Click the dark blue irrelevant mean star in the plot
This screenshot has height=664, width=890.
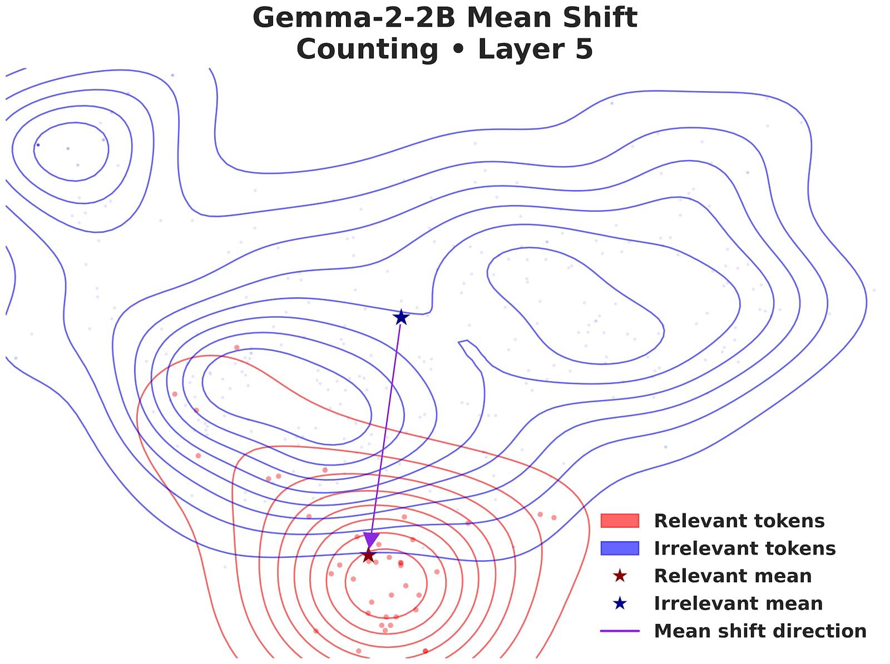tap(401, 317)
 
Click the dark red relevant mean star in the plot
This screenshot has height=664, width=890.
tap(368, 555)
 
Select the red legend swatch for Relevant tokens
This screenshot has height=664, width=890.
tap(620, 521)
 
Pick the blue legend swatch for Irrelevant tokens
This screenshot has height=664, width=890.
tap(620, 548)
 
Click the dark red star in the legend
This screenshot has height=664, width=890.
tap(620, 576)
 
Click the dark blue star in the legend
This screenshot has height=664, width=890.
tap(620, 603)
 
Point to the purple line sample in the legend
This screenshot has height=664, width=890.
tap(620, 631)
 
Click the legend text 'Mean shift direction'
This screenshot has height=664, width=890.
tap(760, 631)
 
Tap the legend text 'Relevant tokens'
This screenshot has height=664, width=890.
tap(739, 521)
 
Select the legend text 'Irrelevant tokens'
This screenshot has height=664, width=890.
tap(744, 548)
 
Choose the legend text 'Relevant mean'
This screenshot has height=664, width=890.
tap(733, 576)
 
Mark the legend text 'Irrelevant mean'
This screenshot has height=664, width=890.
tap(738, 603)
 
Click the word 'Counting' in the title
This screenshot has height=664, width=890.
tap(367, 49)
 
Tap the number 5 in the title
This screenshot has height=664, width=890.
tap(585, 49)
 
